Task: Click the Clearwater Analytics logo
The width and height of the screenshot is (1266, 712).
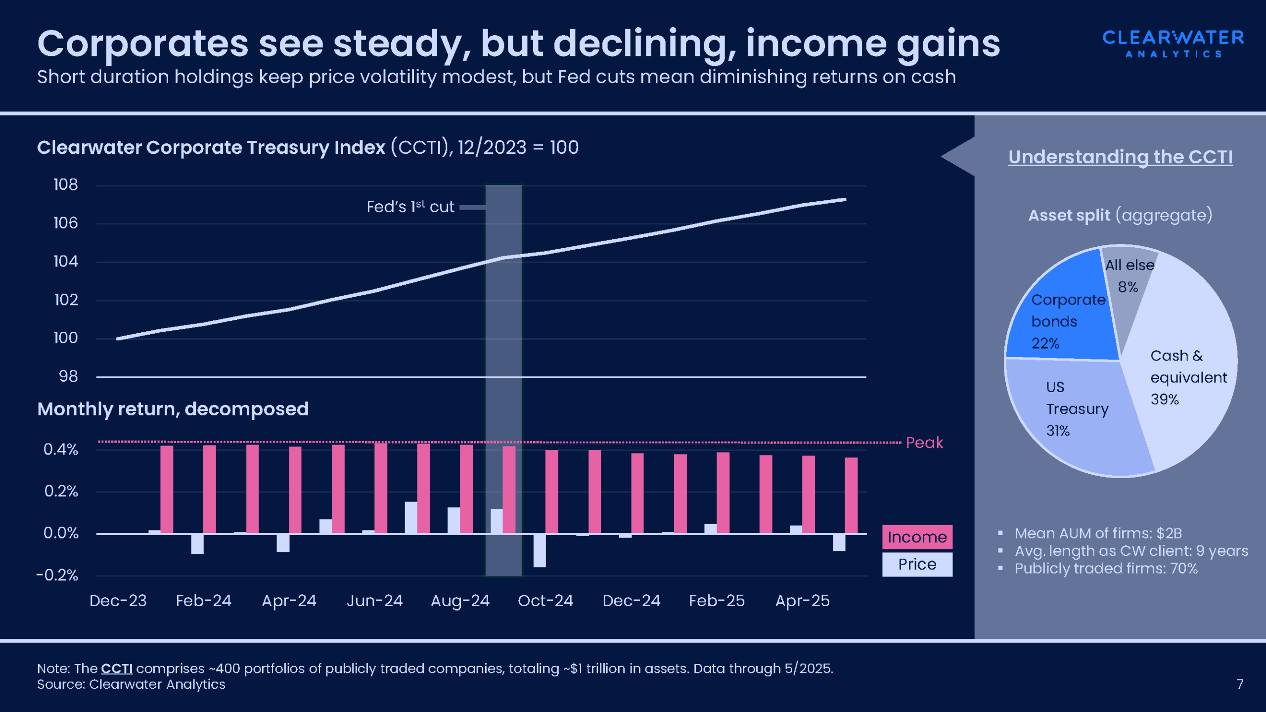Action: [x=1173, y=44]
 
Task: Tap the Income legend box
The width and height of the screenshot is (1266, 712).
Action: [x=917, y=537]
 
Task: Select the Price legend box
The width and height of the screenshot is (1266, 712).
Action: [x=917, y=564]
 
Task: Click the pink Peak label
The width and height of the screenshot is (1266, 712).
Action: [x=924, y=443]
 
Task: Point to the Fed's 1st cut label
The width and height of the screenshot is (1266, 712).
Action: [x=410, y=207]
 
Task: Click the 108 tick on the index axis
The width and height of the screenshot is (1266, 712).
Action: [x=66, y=185]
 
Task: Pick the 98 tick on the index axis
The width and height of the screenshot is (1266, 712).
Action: [x=68, y=376]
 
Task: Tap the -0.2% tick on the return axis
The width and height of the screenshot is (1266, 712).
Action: [x=57, y=575]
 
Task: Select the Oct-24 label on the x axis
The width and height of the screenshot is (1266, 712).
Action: [x=545, y=601]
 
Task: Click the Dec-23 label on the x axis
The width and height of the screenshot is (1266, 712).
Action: [x=118, y=601]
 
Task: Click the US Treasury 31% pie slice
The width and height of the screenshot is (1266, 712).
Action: [x=1073, y=415]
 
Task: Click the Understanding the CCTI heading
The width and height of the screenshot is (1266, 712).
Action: [x=1120, y=157]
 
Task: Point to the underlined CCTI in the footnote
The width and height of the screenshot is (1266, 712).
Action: [x=117, y=668]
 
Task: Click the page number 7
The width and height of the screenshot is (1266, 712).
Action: [x=1240, y=684]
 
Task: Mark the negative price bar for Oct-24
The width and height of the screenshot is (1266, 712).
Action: [x=540, y=550]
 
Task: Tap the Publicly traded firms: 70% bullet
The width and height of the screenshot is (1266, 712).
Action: [x=1106, y=569]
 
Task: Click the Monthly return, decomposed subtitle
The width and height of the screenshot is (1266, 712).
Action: [x=173, y=409]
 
